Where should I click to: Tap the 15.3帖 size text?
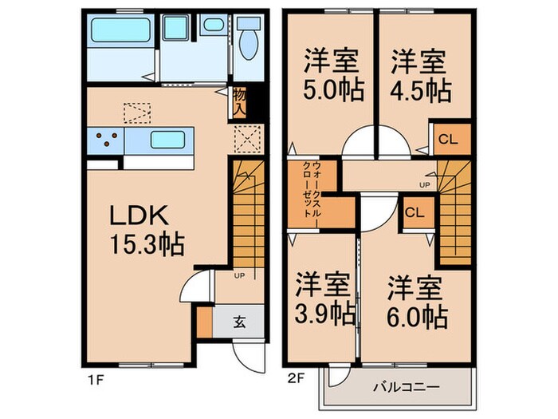(149, 243)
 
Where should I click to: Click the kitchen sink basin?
(167, 140)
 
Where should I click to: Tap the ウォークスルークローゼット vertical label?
(312, 194)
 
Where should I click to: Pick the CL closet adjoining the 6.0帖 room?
(415, 213)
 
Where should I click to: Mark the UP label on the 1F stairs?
(238, 277)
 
